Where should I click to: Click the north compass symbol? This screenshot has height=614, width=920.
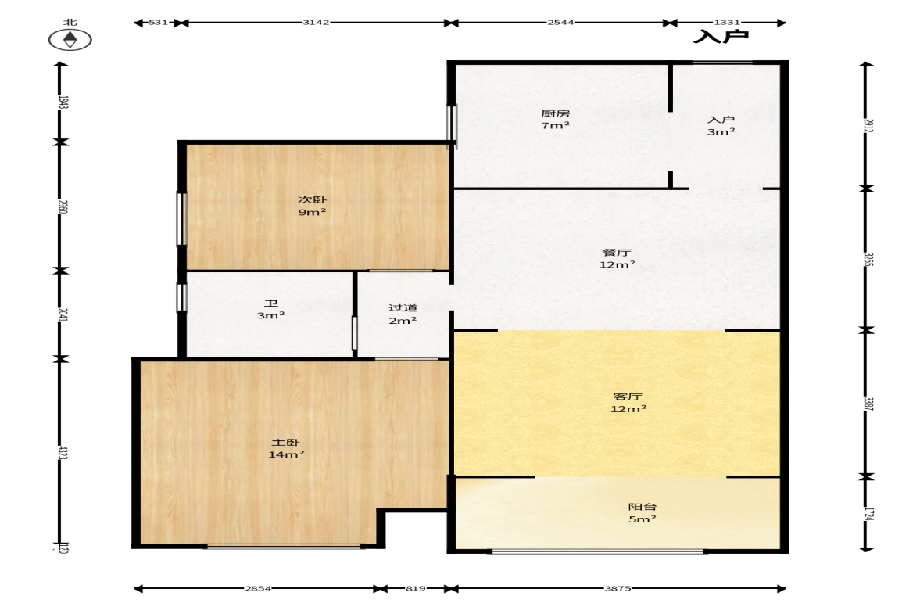pyautogui.click(x=70, y=40)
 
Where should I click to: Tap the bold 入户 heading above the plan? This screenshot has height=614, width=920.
pyautogui.click(x=721, y=37)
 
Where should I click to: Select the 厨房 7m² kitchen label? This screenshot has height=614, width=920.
pyautogui.click(x=555, y=119)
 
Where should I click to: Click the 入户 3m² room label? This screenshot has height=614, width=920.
pyautogui.click(x=721, y=126)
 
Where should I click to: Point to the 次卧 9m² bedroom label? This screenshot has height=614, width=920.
pyautogui.click(x=312, y=206)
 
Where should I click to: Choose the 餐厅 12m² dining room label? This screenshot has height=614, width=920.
pyautogui.click(x=617, y=258)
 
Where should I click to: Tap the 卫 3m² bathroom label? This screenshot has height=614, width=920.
pyautogui.click(x=270, y=310)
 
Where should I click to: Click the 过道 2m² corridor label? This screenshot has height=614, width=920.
pyautogui.click(x=403, y=314)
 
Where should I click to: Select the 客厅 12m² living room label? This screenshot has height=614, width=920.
pyautogui.click(x=628, y=403)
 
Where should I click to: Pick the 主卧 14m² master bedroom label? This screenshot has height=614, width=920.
pyautogui.click(x=286, y=448)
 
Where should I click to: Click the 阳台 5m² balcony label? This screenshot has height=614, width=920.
pyautogui.click(x=642, y=512)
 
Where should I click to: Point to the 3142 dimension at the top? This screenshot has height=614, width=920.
pyautogui.click(x=316, y=23)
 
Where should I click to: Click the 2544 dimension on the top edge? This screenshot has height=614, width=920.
pyautogui.click(x=560, y=23)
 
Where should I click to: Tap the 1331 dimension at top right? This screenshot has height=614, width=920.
pyautogui.click(x=727, y=23)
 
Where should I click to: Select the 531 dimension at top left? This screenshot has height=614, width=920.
pyautogui.click(x=158, y=23)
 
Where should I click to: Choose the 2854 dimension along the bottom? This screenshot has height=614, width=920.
pyautogui.click(x=258, y=588)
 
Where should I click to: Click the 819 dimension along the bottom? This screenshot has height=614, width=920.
pyautogui.click(x=415, y=588)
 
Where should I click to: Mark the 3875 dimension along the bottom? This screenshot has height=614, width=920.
pyautogui.click(x=618, y=588)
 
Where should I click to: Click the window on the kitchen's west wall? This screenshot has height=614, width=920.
pyautogui.click(x=452, y=124)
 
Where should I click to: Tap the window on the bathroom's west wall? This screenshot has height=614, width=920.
pyautogui.click(x=181, y=297)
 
